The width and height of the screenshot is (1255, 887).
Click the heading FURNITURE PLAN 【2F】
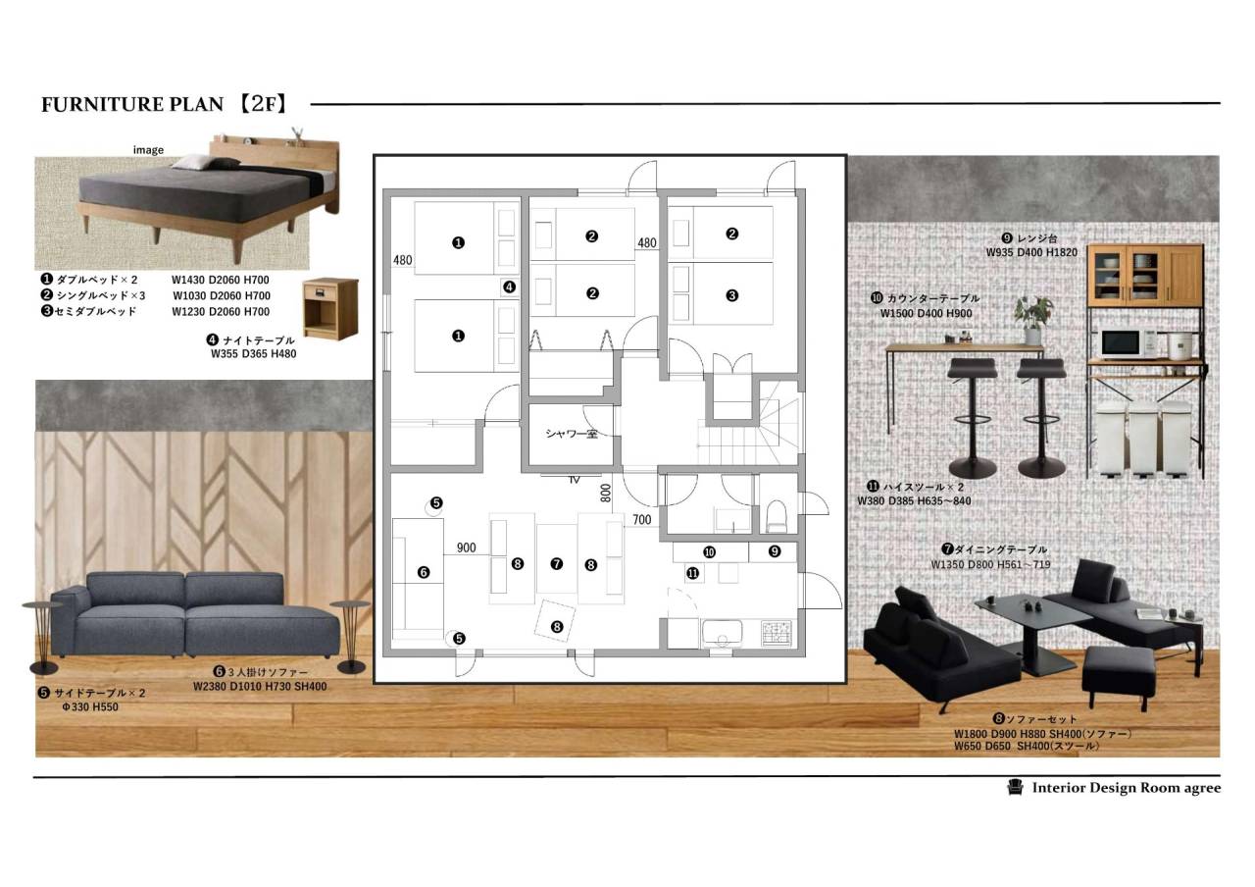tap(165, 104)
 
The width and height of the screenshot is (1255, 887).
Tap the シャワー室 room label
tap(572, 434)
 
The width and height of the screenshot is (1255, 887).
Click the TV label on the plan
tap(574, 480)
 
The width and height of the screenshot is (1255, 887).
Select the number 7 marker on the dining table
tap(556, 563)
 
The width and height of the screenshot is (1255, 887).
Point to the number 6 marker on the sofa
tap(424, 572)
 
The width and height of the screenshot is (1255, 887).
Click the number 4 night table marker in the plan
tap(509, 287)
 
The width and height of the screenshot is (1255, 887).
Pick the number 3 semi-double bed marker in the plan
tap(731, 295)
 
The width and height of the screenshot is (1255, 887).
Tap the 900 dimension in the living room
tap(466, 548)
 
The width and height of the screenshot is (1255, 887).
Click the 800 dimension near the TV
tap(606, 493)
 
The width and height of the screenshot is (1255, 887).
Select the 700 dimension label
tap(642, 520)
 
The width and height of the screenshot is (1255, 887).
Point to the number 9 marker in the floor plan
tap(775, 551)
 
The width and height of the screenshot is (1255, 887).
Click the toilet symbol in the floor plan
tap(777, 516)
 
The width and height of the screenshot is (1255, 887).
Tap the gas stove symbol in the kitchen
tap(777, 633)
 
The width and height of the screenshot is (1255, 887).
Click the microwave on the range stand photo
tap(1121, 343)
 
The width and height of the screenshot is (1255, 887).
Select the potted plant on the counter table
tap(1033, 320)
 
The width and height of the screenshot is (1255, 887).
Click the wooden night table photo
tap(330, 309)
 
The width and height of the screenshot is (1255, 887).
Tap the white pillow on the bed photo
tap(191, 163)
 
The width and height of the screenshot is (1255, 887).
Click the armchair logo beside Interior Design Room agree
tap(1015, 787)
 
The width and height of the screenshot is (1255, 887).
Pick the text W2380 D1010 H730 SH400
tap(260, 686)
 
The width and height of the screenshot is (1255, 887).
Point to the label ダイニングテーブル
tap(1000, 549)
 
